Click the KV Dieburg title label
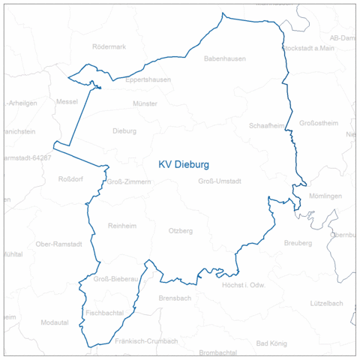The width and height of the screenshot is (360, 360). (x=184, y=163)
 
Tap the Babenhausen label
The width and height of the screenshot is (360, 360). (x=224, y=58)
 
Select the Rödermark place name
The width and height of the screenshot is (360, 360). (x=109, y=46)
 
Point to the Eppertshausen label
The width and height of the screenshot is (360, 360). (x=148, y=79)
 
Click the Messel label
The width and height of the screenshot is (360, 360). (x=67, y=101)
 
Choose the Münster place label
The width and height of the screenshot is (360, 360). (x=145, y=103)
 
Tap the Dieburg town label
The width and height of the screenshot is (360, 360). (x=124, y=130)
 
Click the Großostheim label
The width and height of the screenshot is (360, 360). (x=319, y=123)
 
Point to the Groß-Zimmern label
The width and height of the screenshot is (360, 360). (x=130, y=181)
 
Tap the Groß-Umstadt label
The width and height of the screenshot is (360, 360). (x=220, y=181)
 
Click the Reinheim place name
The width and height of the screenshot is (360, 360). (x=123, y=226)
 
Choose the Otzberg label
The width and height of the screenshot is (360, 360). (x=181, y=230)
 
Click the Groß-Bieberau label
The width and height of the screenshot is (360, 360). (x=116, y=279)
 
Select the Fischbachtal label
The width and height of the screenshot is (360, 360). (x=104, y=311)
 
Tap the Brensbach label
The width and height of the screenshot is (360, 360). (x=175, y=298)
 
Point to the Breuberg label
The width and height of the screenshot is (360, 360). (x=298, y=243)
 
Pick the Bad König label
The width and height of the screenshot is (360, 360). (x=271, y=343)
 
